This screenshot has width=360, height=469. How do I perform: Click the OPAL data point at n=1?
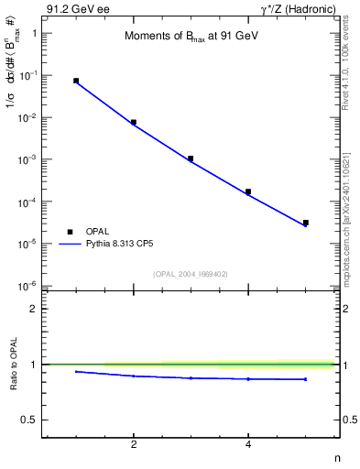click(x=76, y=81)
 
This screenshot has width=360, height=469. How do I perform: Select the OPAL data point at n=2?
click(x=134, y=122)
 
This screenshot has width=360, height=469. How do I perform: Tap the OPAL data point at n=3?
click(x=191, y=158)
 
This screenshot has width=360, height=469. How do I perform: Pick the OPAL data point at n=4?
click(x=248, y=191)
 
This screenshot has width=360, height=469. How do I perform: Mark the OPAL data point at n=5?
click(x=306, y=223)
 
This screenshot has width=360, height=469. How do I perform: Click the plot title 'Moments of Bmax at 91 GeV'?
click(x=184, y=37)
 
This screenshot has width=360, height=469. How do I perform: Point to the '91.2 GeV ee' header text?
click(x=73, y=8)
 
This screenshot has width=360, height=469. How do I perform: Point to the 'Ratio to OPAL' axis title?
click(x=13, y=365)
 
